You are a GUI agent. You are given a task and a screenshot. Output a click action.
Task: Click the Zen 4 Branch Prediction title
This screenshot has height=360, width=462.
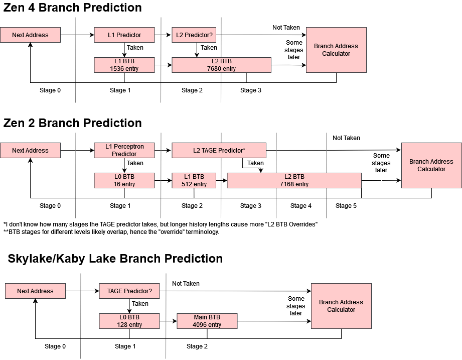click(73, 8)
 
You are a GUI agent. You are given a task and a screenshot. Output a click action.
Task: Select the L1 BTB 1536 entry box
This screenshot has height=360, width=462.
click(124, 65)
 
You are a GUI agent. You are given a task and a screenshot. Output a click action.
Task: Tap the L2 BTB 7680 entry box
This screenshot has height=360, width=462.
click(221, 65)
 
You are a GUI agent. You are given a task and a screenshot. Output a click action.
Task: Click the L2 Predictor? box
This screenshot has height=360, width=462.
click(194, 35)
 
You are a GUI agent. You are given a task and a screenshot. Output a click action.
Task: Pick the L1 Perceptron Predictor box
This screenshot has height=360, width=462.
click(124, 150)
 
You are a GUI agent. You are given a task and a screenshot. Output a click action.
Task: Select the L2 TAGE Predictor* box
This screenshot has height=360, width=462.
click(219, 150)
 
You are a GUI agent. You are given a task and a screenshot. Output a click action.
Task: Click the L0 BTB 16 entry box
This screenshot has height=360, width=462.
click(124, 180)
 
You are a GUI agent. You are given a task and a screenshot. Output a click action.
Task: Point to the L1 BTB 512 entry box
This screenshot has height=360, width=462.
click(194, 180)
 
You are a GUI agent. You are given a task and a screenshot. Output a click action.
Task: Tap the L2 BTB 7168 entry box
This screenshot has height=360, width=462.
click(294, 180)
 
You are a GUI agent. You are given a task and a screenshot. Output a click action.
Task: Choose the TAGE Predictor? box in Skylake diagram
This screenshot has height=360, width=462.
click(129, 291)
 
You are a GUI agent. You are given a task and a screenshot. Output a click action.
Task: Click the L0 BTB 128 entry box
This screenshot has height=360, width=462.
click(129, 321)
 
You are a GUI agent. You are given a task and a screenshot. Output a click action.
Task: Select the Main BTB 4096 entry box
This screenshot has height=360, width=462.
click(207, 321)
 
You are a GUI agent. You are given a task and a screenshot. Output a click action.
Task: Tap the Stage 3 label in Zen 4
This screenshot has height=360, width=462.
click(250, 90)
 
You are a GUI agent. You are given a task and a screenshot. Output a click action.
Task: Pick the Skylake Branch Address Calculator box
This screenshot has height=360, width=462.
click(341, 306)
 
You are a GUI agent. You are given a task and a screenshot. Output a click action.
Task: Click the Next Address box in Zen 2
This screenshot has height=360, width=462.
click(30, 150)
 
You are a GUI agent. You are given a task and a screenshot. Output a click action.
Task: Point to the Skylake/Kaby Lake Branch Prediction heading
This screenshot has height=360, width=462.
click(115, 259)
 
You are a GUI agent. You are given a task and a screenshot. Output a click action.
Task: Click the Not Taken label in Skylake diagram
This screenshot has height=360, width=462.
click(186, 284)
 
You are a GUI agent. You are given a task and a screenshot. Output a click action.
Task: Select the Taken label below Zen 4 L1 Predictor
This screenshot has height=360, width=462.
click(135, 48)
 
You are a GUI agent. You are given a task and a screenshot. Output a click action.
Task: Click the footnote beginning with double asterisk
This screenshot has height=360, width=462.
click(111, 232)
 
